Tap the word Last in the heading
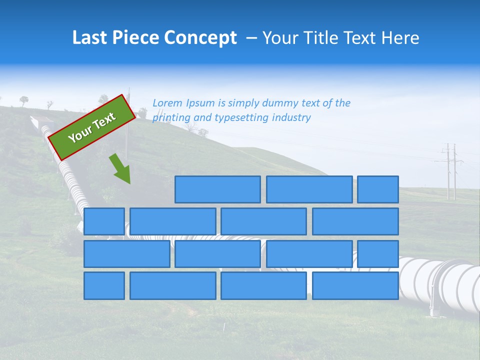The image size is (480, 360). coord(90,38)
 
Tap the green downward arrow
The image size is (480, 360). coord(120,168)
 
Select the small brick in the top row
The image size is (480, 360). coord(378,189)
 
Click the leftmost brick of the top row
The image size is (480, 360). coord(217,189)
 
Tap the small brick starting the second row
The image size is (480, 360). coord(104,221)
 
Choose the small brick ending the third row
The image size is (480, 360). coord(378,253)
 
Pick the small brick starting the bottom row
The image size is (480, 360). coord(104,286)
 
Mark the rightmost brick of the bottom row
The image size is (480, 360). coord(355,286)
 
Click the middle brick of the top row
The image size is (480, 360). coord(309,189)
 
